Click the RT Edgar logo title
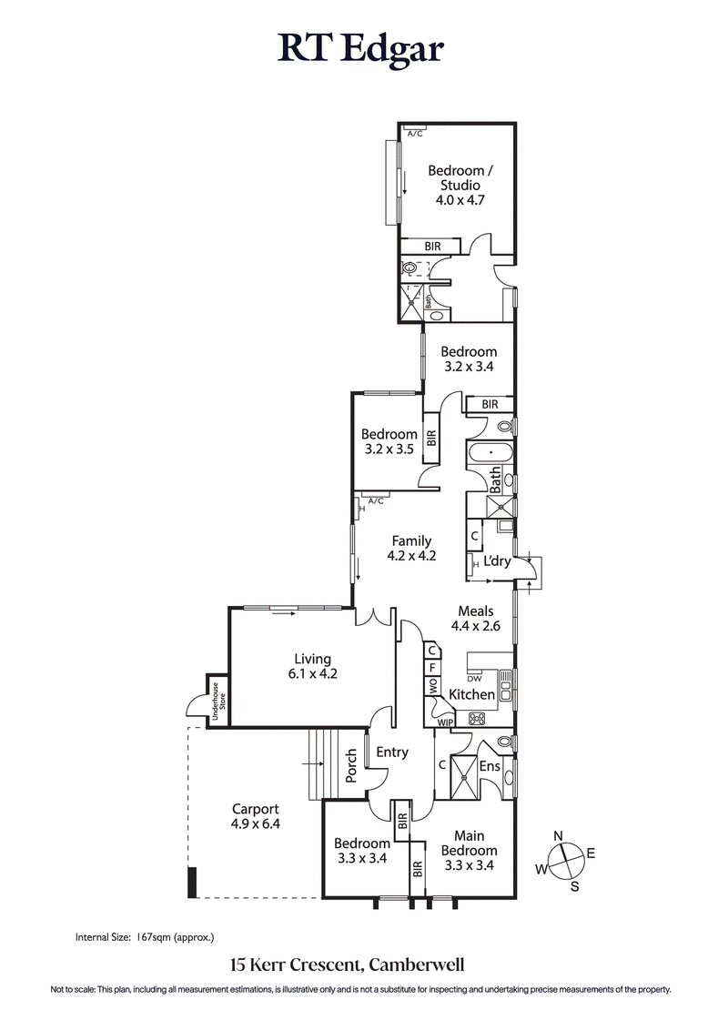(361, 49)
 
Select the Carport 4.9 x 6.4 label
(255, 816)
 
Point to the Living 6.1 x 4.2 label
(312, 667)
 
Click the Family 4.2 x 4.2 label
(411, 549)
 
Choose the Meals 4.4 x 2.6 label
(471, 619)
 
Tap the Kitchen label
(472, 694)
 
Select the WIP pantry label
(444, 722)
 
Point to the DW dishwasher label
(473, 678)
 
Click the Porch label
(351, 766)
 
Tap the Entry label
(391, 752)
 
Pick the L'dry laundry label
(496, 561)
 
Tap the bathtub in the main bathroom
(490, 451)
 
